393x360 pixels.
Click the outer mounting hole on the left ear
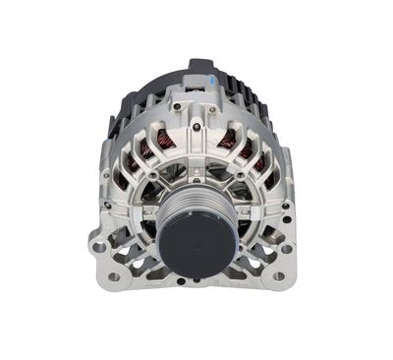click(x=98, y=247)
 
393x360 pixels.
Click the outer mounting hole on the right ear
click(x=292, y=247)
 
